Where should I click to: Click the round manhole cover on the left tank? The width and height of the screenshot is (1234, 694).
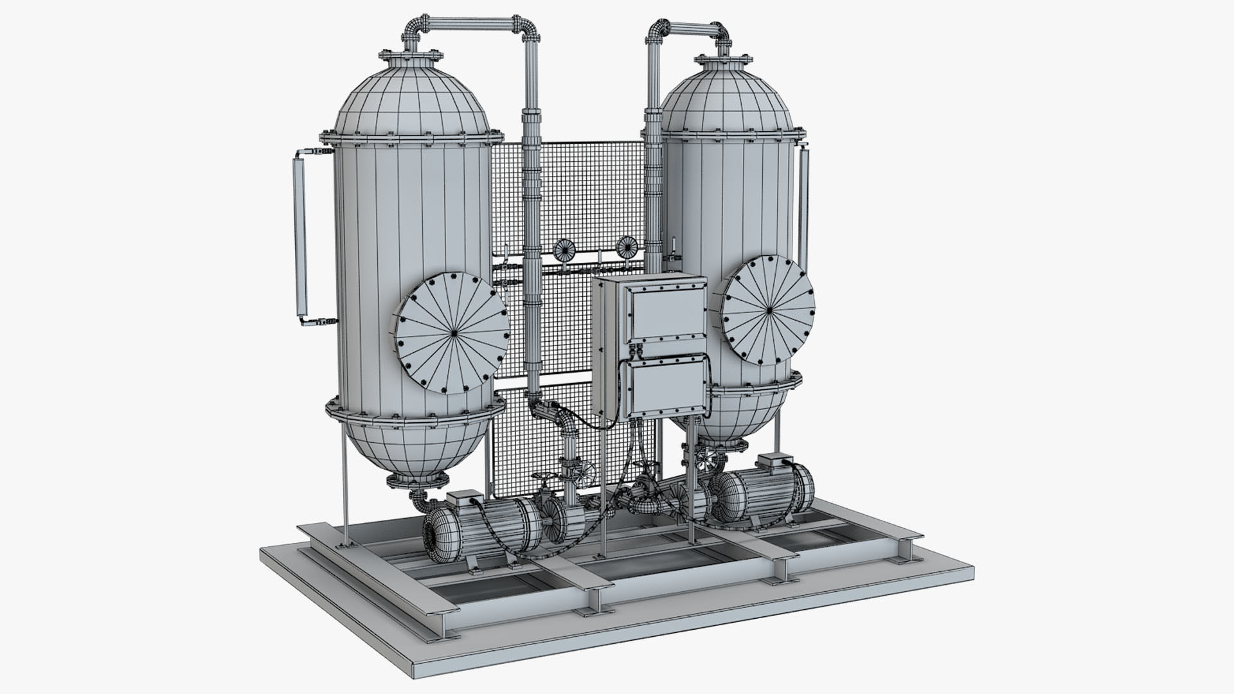(x=451, y=333)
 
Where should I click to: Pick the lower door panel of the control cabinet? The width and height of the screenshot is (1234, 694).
(x=666, y=387)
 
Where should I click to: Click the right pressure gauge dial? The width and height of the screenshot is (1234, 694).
(x=625, y=245)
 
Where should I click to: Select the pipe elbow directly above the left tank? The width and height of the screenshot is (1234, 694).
(x=415, y=28)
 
